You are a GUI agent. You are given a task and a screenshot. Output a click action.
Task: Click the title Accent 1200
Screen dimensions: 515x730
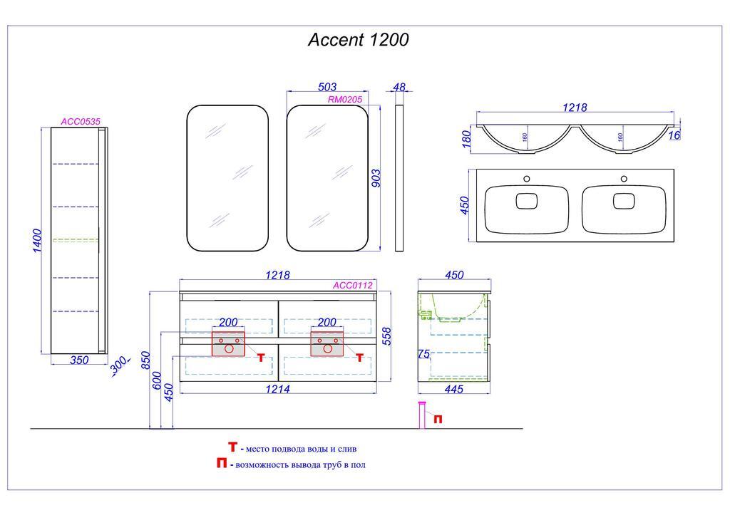(358, 40)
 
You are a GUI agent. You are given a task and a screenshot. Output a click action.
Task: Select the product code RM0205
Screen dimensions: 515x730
(345, 100)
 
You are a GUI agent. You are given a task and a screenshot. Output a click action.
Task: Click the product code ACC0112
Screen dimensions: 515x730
(353, 286)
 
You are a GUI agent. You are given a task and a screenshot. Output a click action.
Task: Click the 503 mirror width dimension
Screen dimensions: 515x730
(327, 88)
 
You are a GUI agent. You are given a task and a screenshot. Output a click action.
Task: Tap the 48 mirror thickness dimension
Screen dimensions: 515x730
(399, 88)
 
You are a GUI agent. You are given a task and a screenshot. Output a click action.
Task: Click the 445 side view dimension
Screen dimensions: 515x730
(454, 389)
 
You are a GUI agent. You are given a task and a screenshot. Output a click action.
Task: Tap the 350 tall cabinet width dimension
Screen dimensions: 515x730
(79, 360)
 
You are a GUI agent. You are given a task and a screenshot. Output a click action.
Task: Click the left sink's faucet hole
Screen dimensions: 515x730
(528, 178)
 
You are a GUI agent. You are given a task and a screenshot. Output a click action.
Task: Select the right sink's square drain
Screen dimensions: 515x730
(624, 202)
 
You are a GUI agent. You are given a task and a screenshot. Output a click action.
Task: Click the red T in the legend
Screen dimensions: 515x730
(232, 447)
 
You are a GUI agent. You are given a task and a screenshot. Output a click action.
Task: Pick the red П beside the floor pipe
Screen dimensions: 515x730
(438, 420)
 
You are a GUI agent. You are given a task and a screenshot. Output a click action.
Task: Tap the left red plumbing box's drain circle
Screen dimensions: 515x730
(229, 350)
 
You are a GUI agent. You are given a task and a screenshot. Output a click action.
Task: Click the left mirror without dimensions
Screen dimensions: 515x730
(227, 178)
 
